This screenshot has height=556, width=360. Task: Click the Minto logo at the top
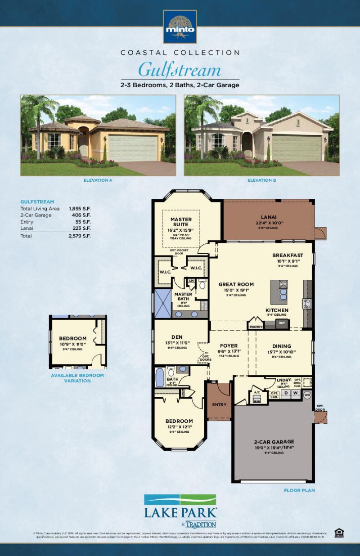pyautogui.click(x=180, y=26)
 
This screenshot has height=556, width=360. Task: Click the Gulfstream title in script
pyautogui.click(x=180, y=70)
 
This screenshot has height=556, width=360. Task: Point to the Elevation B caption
pyautogui.click(x=261, y=180)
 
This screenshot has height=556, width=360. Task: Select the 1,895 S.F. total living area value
pyautogui.click(x=80, y=209)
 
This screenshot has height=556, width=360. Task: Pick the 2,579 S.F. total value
pyautogui.click(x=80, y=236)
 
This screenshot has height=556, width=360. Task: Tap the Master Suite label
pyautogui.click(x=181, y=222)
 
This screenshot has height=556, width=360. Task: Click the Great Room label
pyautogui.click(x=236, y=284)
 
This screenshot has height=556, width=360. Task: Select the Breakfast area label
pyautogui.click(x=288, y=255)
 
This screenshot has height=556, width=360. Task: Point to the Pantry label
pyautogui.click(x=256, y=327)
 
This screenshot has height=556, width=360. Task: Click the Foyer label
pyautogui.click(x=229, y=345)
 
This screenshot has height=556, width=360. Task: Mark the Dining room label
pyautogui.click(x=282, y=346)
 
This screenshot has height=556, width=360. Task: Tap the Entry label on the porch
pyautogui.click(x=219, y=404)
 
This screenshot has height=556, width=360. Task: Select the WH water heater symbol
pyautogui.click(x=308, y=395)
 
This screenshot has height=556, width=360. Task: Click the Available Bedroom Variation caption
pyautogui.click(x=77, y=378)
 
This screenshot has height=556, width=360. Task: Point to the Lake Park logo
pyautogui.click(x=180, y=511)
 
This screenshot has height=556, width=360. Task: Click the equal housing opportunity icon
pyautogui.click(x=339, y=533)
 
